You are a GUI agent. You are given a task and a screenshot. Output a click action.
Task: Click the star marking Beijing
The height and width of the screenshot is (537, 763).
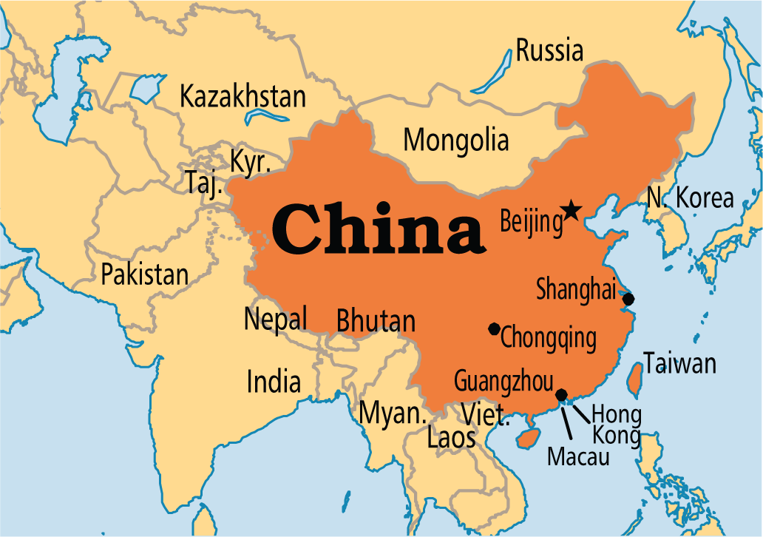click(571, 211)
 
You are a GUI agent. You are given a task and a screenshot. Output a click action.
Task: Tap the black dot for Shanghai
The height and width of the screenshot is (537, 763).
click(628, 299)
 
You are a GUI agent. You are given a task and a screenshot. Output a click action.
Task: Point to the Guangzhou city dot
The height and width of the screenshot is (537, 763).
click(561, 394)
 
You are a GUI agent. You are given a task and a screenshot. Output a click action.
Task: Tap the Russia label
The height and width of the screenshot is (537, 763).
click(549, 51)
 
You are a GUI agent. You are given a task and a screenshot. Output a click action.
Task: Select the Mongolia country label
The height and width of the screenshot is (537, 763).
click(456, 139)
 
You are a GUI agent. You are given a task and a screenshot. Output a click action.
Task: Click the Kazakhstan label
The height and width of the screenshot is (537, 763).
click(243, 96)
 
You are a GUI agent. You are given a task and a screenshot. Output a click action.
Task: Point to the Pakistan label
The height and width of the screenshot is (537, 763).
click(145, 274)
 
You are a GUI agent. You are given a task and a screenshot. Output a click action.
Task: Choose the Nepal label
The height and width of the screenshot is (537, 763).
click(275, 320)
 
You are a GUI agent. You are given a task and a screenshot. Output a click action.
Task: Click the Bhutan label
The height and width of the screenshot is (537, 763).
click(376, 322)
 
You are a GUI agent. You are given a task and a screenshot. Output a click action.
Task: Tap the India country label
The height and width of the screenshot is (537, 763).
click(274, 382)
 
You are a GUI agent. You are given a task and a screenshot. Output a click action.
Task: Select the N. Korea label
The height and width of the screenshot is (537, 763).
click(690, 198)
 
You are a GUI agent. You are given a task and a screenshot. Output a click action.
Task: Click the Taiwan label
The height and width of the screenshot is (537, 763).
click(679, 364)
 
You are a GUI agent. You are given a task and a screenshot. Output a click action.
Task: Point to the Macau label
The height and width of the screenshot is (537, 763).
click(578, 456)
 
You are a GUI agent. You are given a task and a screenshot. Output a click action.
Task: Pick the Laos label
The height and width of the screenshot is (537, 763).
click(451, 438)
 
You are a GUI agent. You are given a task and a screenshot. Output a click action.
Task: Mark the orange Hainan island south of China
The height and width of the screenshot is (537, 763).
click(528, 438)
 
